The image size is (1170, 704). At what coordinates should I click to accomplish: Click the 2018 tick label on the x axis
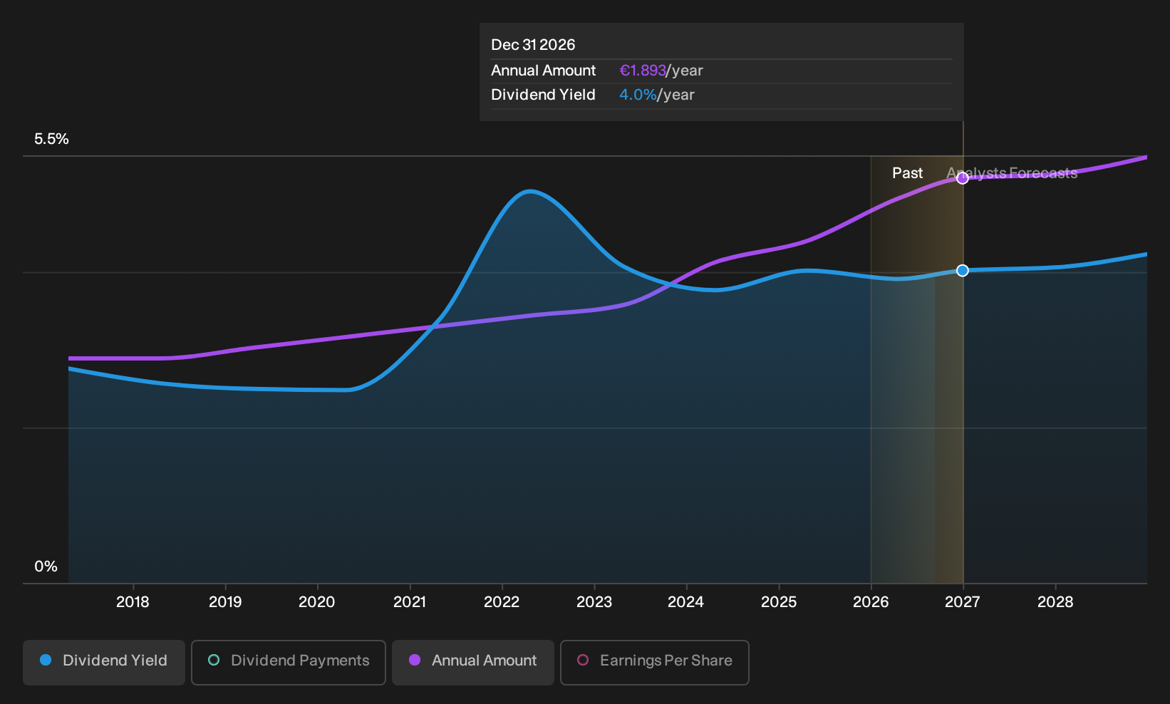point(133,601)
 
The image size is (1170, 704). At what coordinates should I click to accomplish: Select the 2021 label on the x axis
point(410,601)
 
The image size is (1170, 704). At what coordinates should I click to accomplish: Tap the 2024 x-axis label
point(685,601)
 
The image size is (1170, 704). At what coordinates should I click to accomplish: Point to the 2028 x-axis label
point(1055,601)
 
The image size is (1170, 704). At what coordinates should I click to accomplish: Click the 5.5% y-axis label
point(51,139)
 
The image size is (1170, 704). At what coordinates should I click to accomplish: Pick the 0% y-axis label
point(46,566)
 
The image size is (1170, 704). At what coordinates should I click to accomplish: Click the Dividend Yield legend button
point(104,662)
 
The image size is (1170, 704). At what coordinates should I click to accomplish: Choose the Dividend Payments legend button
point(289,662)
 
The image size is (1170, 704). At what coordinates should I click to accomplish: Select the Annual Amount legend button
point(472,662)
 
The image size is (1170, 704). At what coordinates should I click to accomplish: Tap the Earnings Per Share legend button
point(654,662)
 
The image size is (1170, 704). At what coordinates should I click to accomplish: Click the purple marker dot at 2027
point(963,179)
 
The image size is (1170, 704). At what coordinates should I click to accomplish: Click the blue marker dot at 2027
point(963,271)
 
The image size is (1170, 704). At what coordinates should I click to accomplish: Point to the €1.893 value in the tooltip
point(643,71)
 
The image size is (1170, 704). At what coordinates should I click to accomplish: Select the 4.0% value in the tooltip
point(638,95)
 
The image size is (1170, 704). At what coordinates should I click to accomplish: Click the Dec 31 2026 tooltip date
point(533,45)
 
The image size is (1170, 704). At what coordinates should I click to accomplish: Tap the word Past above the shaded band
point(907,173)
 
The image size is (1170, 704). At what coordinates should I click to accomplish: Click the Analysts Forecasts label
point(1012,173)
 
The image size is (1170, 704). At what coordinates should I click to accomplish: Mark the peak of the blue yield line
point(530,192)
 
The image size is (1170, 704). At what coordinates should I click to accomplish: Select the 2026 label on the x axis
point(871,601)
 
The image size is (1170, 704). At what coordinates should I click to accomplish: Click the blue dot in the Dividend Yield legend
point(46,660)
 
